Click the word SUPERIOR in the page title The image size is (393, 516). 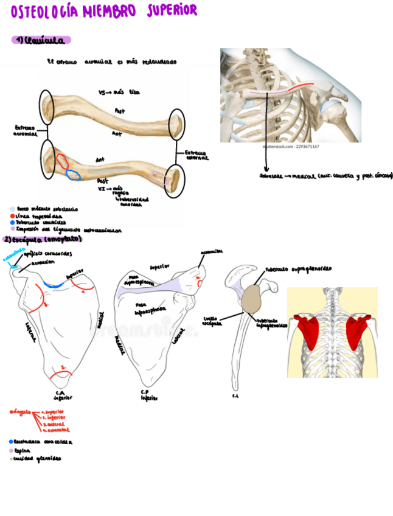[172, 10]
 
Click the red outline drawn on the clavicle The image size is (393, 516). [62, 161]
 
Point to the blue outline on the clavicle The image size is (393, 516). [74, 175]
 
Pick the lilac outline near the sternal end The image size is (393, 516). [159, 177]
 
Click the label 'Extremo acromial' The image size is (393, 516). [25, 131]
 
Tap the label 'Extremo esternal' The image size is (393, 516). [195, 155]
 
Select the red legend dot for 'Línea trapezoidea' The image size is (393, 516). [12, 216]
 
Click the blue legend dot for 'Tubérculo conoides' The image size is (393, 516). [12, 223]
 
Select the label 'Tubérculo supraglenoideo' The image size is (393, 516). [297, 269]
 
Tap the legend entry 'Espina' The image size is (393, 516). [22, 451]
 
